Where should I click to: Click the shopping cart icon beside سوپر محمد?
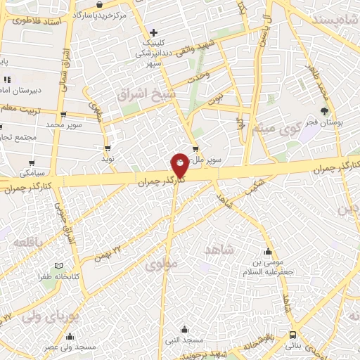point(63,113)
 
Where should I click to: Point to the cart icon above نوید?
point(108,148)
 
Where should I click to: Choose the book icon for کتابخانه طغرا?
point(58,265)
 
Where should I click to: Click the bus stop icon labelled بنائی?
point(292,335)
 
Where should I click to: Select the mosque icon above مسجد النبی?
point(184,328)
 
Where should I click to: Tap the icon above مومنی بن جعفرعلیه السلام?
point(267,252)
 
